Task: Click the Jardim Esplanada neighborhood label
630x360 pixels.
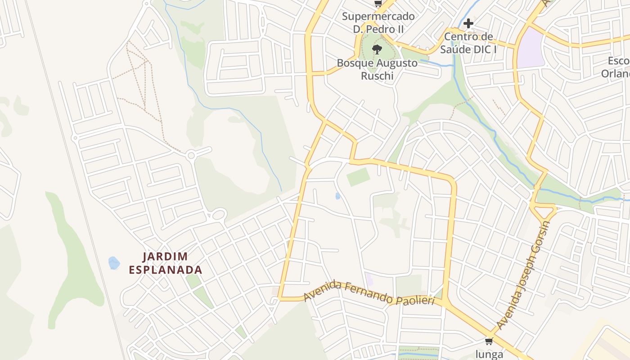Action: pos(166,263)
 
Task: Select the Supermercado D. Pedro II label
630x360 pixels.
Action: pos(378,22)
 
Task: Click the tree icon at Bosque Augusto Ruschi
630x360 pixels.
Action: pos(377,49)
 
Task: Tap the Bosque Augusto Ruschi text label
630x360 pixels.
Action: pos(377,69)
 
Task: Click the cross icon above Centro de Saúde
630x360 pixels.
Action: pos(468,23)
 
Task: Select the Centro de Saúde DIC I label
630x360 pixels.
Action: pos(468,43)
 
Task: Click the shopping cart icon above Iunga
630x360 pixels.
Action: pos(489,341)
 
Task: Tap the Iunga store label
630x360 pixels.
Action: pos(489,354)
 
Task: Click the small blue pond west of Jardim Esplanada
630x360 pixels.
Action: pos(114,263)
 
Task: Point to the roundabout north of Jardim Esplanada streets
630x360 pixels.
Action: pos(191,156)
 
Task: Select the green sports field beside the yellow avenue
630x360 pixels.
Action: pos(359,177)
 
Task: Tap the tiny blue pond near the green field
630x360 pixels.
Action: pos(338,196)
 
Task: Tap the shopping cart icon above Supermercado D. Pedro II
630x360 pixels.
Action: pos(378,4)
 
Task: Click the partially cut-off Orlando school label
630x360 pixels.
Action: pos(616,67)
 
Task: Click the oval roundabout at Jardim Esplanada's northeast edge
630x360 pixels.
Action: pos(219,214)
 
